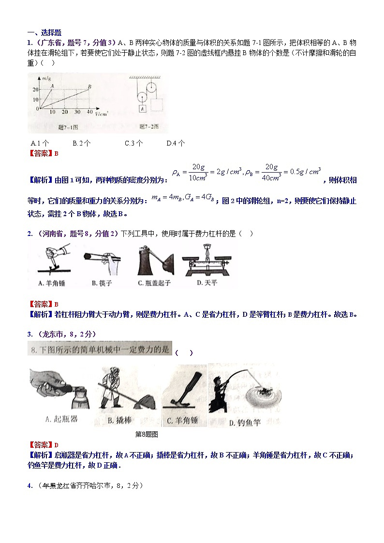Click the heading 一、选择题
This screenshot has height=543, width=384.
(44, 32)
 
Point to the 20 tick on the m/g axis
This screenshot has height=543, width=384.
(35, 90)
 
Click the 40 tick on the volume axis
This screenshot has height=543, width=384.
(89, 112)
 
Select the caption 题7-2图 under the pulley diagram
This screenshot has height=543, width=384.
(149, 127)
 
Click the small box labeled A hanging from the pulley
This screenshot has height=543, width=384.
(143, 109)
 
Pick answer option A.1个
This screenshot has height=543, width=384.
(40, 143)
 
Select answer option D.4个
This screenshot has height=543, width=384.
(176, 143)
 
